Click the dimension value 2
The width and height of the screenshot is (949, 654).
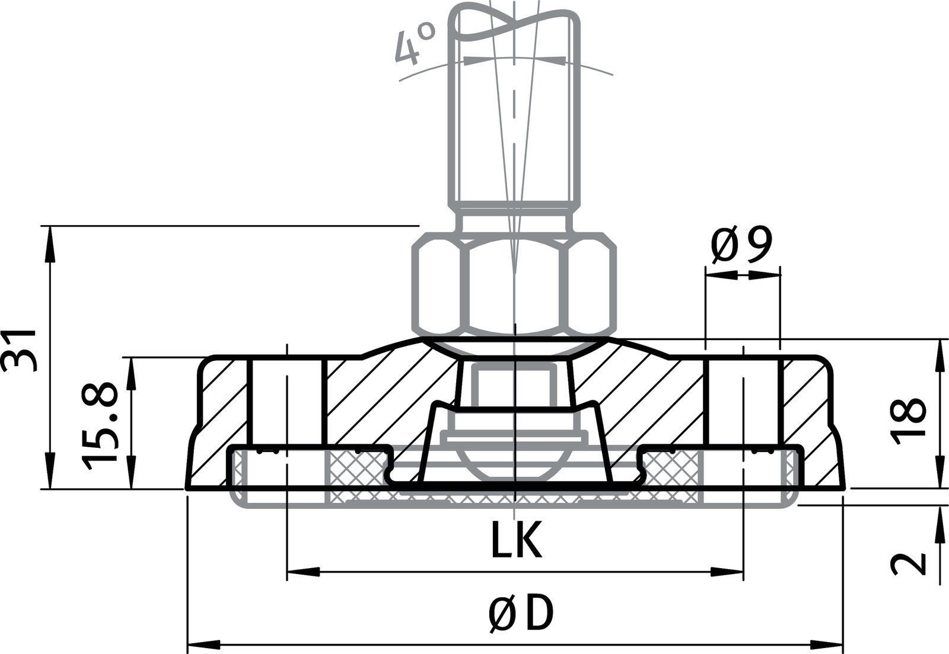(908, 563)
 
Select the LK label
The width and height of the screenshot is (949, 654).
(515, 540)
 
